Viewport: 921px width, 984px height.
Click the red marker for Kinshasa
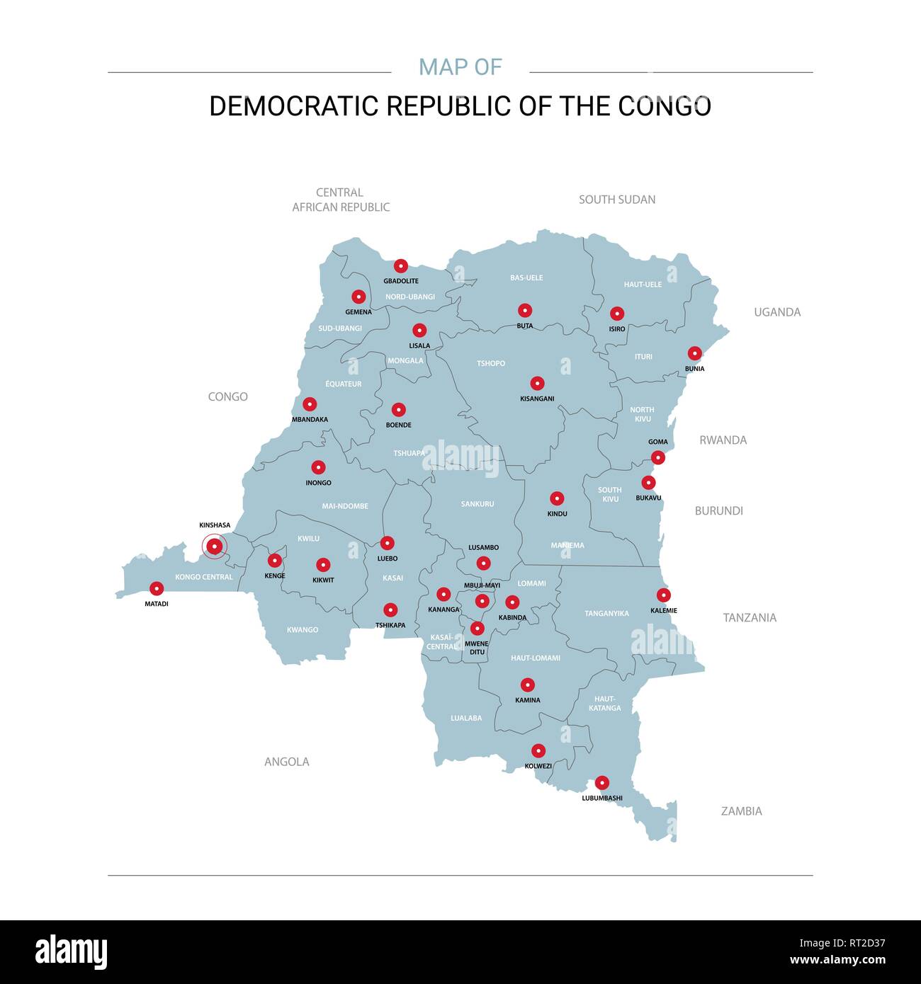[x=214, y=546]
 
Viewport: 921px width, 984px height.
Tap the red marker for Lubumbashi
[x=601, y=783]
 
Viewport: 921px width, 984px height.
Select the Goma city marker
[x=658, y=457]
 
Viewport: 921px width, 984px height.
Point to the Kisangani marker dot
[x=537, y=384]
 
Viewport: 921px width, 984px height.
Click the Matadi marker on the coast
[x=157, y=588]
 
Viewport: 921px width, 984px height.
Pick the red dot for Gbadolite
[x=400, y=266]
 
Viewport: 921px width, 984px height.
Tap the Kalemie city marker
[x=663, y=595]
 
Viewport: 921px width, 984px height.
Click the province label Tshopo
[x=491, y=363]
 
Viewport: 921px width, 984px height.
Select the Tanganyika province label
[x=606, y=614]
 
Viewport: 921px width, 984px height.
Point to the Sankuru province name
[x=478, y=504]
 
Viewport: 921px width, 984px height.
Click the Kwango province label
[x=303, y=630]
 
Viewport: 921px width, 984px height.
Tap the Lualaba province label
[x=466, y=718]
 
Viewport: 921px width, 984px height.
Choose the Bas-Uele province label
[x=526, y=278]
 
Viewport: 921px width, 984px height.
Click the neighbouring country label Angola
[x=287, y=762]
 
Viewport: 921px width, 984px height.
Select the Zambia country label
[x=741, y=811]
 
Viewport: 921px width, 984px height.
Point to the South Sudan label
[x=617, y=200]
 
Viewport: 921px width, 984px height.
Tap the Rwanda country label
[x=723, y=440]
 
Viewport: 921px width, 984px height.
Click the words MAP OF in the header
[x=460, y=67]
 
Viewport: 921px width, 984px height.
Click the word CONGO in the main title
[x=665, y=106]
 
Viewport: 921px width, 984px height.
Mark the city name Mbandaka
[x=310, y=419]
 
